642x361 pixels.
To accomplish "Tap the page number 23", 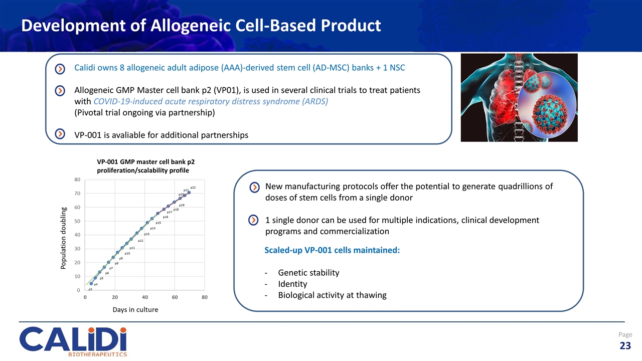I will [x=625, y=345].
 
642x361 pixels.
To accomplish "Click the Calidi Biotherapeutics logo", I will [x=73, y=341].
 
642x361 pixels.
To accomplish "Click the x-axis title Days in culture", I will [x=135, y=310].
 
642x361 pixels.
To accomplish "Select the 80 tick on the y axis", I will [x=78, y=179].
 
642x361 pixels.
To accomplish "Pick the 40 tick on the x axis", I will [x=144, y=298].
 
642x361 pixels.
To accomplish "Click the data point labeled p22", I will [x=189, y=193].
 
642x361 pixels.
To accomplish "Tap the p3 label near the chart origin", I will [x=90, y=289].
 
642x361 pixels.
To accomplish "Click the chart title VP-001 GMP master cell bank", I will [x=145, y=162].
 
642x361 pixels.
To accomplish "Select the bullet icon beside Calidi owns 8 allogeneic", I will [x=60, y=68].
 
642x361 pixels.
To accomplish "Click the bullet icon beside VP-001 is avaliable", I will [x=60, y=134].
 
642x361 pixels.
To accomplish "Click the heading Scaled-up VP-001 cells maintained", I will [x=332, y=250].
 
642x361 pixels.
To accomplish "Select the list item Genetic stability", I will [x=308, y=273].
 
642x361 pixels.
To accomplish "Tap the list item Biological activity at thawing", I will [x=332, y=295].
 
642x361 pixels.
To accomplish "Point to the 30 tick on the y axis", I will [x=78, y=249].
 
